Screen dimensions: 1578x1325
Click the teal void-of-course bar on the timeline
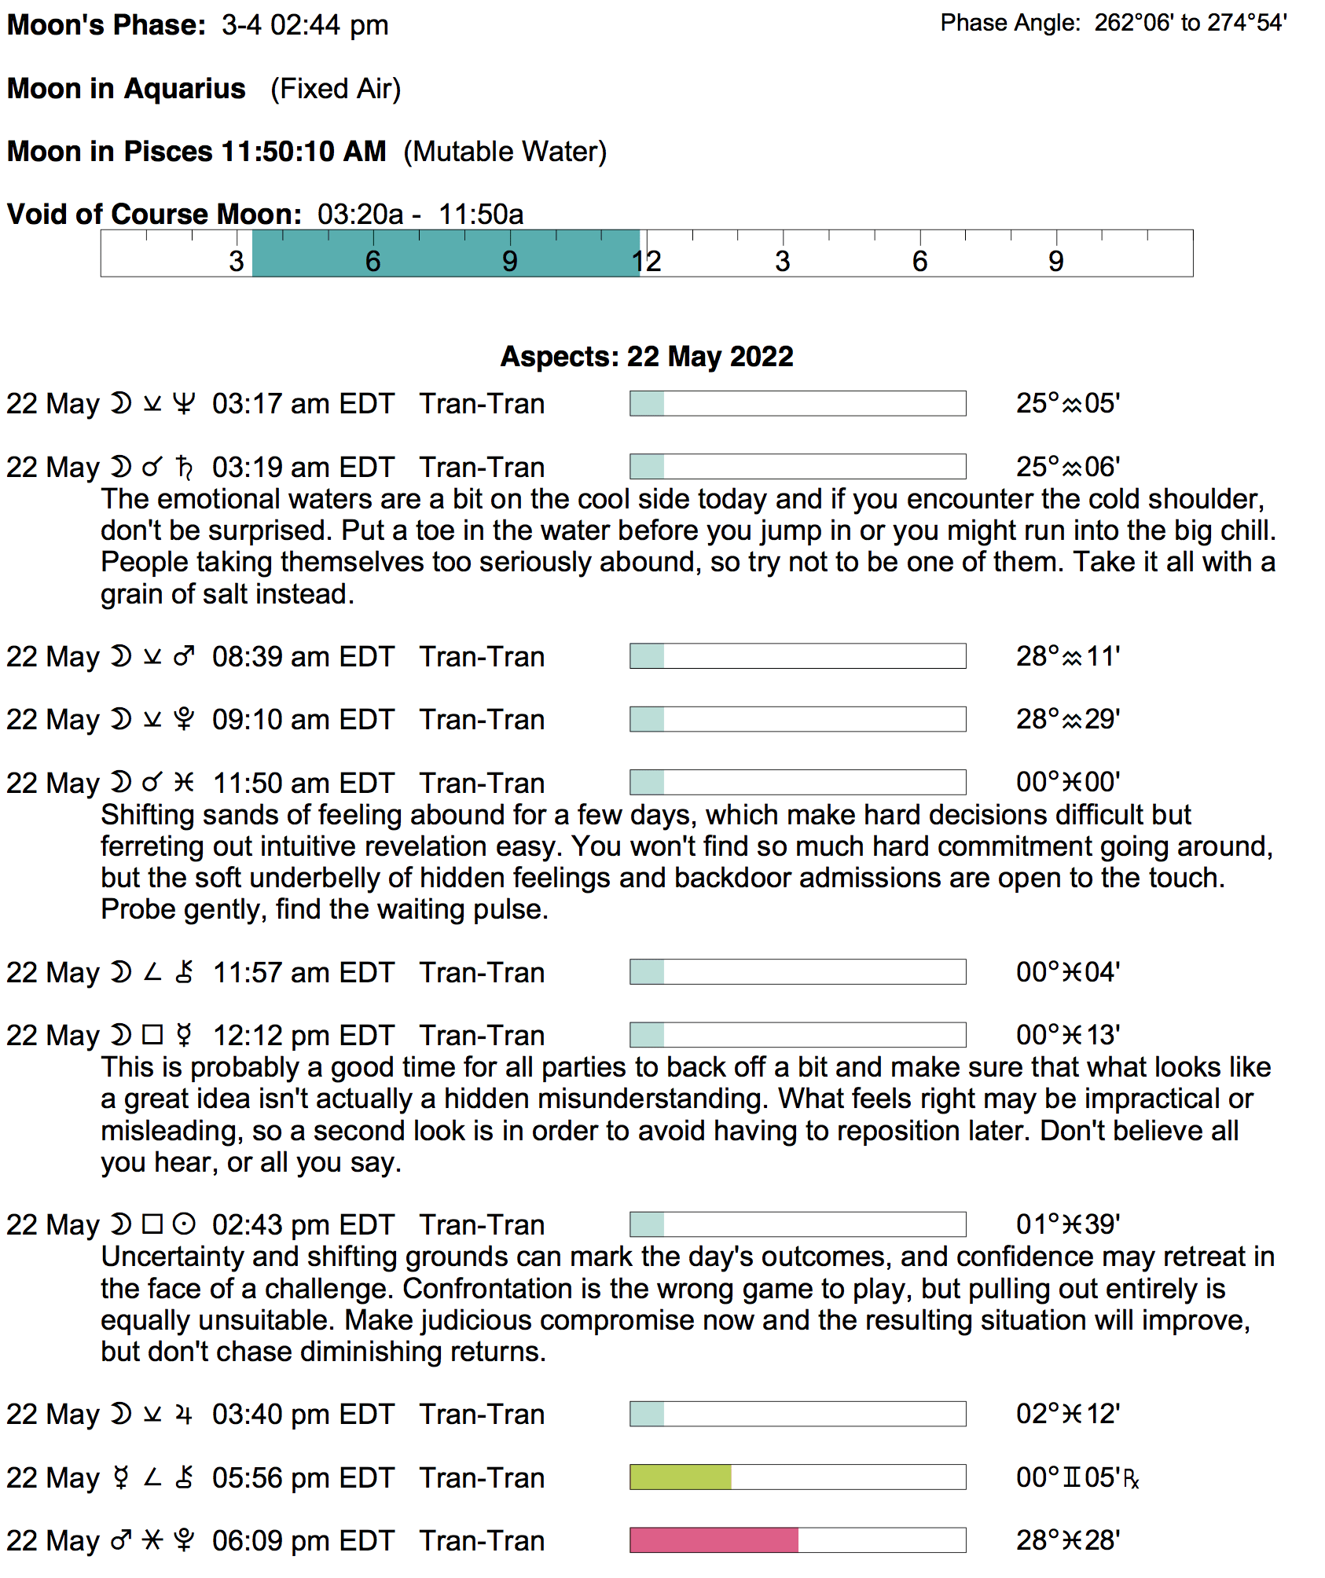click(x=446, y=253)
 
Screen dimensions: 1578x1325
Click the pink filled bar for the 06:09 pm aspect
click(x=714, y=1540)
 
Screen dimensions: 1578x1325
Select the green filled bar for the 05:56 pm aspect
click(x=681, y=1477)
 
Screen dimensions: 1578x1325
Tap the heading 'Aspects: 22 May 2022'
click(x=647, y=357)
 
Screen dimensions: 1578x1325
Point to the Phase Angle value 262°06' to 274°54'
click(x=1191, y=23)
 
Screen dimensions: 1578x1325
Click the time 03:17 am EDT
click(x=303, y=404)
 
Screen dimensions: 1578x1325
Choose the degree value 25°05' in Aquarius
click(x=1067, y=404)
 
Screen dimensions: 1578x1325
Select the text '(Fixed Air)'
click(x=336, y=89)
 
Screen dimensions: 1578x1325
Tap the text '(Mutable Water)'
click(x=505, y=152)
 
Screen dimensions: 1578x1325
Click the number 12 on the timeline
click(x=646, y=262)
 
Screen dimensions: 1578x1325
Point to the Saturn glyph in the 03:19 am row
click(x=184, y=468)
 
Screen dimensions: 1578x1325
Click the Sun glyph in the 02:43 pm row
click(x=184, y=1224)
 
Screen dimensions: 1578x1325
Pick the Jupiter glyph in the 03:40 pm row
click(x=184, y=1415)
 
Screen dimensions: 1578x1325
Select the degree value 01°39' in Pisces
click(x=1067, y=1224)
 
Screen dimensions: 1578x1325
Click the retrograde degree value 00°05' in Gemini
click(x=1077, y=1477)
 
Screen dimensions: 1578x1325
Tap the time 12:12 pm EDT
click(x=303, y=1036)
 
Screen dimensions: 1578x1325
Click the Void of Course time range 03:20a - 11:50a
click(x=420, y=215)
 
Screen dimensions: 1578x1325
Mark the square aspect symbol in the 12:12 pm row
click(x=152, y=1035)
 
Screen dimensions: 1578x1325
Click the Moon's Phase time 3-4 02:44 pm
click(x=305, y=25)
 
